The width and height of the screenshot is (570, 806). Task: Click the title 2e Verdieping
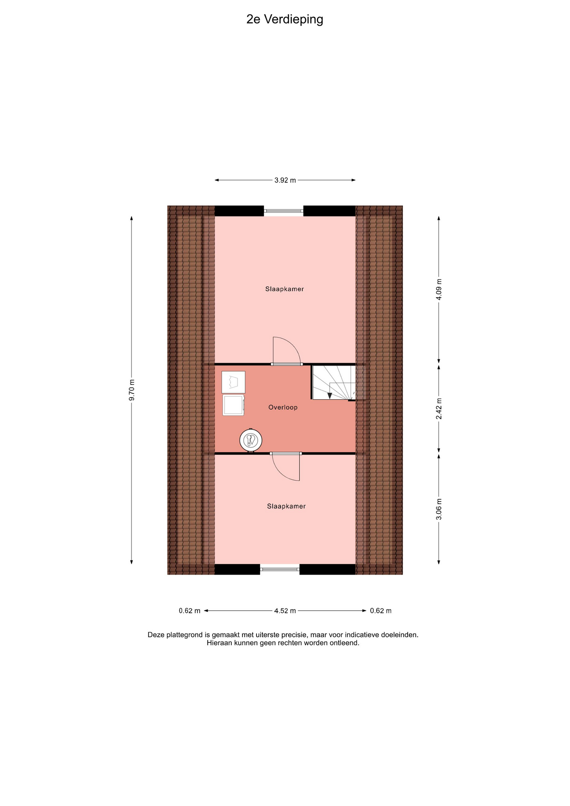click(x=285, y=20)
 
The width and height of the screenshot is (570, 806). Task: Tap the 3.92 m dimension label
click(x=285, y=180)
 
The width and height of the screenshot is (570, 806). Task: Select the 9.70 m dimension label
click(x=132, y=390)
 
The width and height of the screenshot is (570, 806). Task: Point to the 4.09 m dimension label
click(x=439, y=289)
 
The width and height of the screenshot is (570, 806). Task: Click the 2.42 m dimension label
click(x=439, y=408)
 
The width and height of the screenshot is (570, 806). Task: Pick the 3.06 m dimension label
click(x=439, y=509)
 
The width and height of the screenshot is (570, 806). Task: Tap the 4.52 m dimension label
click(x=285, y=611)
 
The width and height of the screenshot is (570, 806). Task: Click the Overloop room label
click(x=283, y=407)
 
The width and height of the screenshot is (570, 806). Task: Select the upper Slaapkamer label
click(x=285, y=289)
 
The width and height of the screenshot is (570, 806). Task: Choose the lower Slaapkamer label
click(x=286, y=506)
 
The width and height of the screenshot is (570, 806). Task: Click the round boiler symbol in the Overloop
click(x=251, y=440)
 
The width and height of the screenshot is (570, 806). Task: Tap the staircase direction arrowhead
click(x=329, y=395)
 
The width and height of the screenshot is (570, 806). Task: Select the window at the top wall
click(x=284, y=211)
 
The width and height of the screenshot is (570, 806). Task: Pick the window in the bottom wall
click(x=280, y=569)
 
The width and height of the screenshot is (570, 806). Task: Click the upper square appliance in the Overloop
click(x=233, y=382)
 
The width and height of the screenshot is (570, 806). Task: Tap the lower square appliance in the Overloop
click(x=233, y=405)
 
